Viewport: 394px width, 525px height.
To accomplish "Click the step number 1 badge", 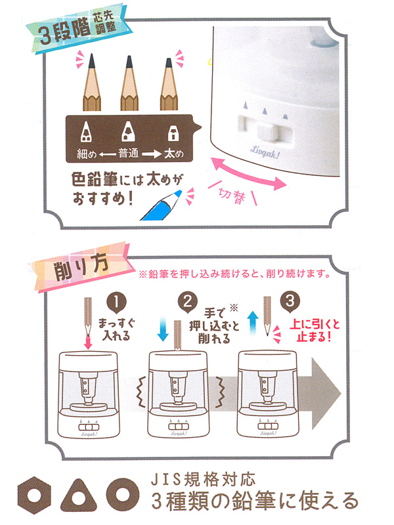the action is (x=116, y=303).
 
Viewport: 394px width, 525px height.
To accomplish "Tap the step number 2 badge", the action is (x=188, y=302).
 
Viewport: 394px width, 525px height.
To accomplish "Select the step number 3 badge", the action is (x=290, y=301).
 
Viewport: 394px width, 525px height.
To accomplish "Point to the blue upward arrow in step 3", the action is (x=253, y=323).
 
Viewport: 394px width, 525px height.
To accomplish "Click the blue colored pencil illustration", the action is (x=162, y=206).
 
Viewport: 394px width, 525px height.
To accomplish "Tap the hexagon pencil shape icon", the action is (x=34, y=495).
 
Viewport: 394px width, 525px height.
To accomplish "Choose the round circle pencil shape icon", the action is (x=123, y=495).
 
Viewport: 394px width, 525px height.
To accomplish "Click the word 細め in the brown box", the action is (x=87, y=154).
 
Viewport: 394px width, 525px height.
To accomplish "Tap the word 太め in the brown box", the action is (x=173, y=154).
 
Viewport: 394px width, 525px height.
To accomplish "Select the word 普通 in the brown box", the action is (x=128, y=154).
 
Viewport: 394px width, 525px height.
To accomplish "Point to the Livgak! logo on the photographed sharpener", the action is (x=265, y=153).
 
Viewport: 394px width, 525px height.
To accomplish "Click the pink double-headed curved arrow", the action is (x=248, y=174).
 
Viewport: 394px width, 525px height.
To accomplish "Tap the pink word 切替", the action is (x=232, y=194).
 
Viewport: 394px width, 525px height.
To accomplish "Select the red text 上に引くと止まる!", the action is (x=315, y=331).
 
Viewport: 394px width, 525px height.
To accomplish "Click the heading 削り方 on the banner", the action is (x=81, y=266).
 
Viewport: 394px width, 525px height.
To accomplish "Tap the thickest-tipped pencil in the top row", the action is (x=169, y=85).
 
